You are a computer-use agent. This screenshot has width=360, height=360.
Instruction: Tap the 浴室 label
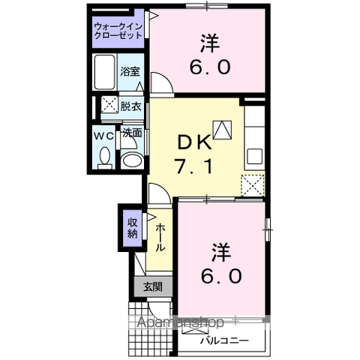point(130,72)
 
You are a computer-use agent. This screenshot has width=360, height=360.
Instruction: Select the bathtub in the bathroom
point(105,71)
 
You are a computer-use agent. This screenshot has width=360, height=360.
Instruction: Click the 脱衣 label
point(131,106)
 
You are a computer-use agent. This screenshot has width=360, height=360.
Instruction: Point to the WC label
point(103,136)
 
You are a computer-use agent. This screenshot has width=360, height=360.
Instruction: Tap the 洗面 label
point(132,133)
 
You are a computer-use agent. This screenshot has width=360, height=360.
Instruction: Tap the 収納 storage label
point(132,226)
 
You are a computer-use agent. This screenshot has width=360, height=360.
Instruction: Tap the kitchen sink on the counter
point(253,155)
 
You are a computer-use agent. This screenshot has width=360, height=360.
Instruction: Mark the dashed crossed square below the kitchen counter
point(253,184)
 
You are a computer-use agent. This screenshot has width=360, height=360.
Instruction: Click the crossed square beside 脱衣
point(109,106)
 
